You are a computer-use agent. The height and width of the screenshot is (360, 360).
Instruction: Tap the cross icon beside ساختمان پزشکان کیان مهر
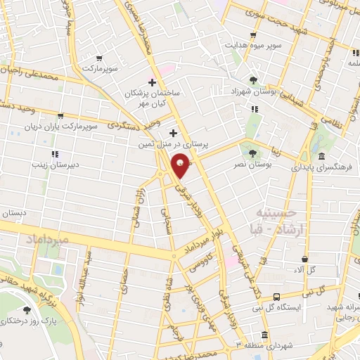coord(151,82)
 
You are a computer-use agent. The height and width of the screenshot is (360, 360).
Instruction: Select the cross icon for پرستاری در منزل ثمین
coord(174,132)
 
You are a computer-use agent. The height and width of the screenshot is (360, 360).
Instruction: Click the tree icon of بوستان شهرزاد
coord(253,79)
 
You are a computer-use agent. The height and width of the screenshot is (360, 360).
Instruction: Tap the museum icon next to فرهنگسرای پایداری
coord(321,156)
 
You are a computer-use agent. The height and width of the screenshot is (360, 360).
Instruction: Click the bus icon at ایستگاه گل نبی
coord(276,297)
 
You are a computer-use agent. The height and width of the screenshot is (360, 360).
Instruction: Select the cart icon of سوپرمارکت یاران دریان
coord(60,115)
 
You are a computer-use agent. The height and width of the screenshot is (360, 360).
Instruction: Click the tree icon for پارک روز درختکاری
coord(27,309)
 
